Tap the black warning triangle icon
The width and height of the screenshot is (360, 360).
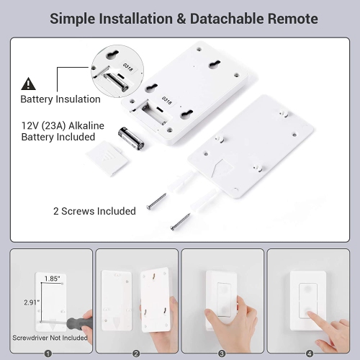(28, 83)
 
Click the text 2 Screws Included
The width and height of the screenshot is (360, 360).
(94, 211)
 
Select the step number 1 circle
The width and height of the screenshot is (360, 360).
(48, 353)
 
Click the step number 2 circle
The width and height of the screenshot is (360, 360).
(135, 353)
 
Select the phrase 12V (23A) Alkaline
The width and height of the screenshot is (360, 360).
(62, 125)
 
